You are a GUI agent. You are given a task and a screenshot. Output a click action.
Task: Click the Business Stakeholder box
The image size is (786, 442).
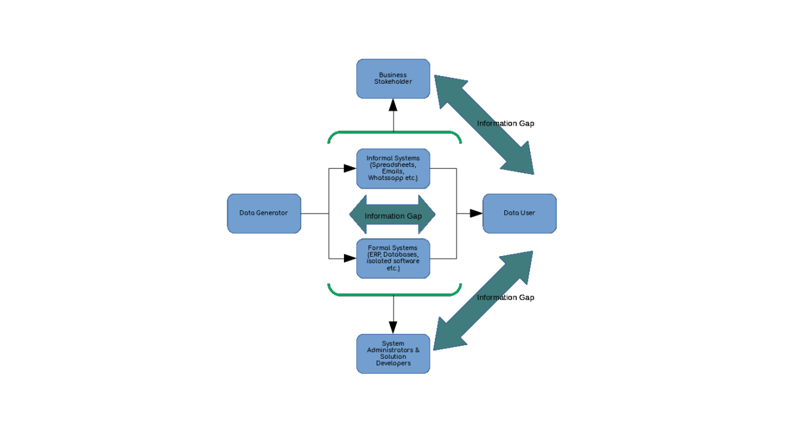tap(393, 79)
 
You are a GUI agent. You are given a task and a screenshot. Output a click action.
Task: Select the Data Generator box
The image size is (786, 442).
tap(264, 213)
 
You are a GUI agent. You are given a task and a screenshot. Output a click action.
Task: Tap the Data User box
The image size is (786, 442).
tap(519, 213)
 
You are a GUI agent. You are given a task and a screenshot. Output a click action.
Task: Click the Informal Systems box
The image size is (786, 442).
tap(393, 168)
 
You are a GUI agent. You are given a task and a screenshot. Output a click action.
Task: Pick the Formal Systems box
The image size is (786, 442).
tap(393, 258)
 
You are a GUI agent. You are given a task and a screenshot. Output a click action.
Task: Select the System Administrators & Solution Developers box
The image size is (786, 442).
tap(393, 354)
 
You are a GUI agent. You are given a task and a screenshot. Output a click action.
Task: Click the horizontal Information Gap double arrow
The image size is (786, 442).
tap(393, 215)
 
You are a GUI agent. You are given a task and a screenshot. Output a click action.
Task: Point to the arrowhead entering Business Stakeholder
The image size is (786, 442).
tap(393, 104)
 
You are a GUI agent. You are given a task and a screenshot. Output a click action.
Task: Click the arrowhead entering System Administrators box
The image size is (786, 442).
tap(393, 329)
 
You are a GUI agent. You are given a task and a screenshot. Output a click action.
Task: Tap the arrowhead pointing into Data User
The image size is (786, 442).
tap(477, 213)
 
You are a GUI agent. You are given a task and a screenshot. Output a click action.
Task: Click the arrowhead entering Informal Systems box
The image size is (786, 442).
tap(351, 168)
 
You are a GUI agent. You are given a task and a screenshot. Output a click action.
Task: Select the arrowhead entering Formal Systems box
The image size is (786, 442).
tap(351, 258)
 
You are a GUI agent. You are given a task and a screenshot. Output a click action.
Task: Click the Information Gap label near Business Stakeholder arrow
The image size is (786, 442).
tap(505, 124)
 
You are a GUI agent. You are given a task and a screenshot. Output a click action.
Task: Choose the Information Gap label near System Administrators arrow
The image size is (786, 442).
tap(505, 298)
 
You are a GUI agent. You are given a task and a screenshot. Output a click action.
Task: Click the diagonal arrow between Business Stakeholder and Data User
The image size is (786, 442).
tap(485, 124)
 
